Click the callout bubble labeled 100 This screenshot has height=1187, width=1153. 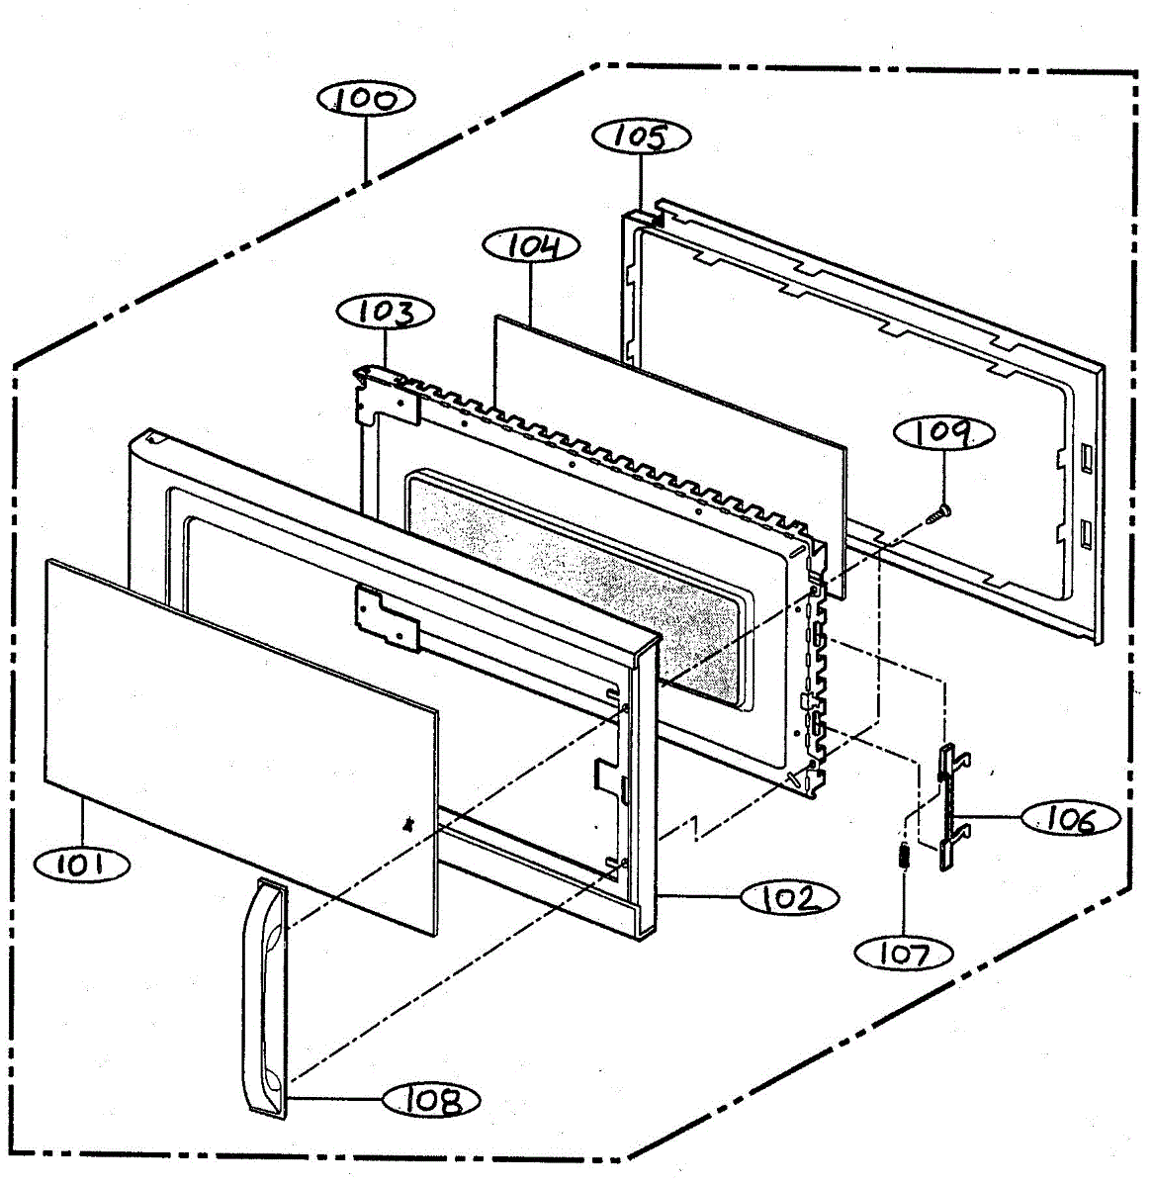point(366,99)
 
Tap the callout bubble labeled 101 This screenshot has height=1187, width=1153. point(81,866)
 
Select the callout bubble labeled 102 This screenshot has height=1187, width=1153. point(790,898)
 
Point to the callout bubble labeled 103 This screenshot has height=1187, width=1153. point(386,312)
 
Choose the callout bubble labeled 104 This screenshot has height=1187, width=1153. point(532,245)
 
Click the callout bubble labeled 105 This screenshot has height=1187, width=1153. point(641,137)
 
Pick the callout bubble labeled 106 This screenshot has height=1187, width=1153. point(1071,819)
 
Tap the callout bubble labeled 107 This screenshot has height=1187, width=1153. point(904,954)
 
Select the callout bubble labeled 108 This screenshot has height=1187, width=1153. point(432,1100)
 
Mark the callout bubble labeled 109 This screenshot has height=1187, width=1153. point(944,432)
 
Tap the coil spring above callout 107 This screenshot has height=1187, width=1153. point(902,856)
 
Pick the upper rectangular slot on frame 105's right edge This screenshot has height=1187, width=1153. point(1087,456)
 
